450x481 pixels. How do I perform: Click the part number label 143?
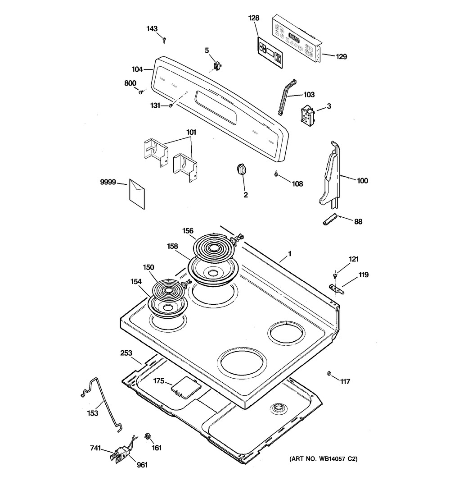click(152, 29)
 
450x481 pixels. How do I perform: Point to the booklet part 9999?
click(137, 194)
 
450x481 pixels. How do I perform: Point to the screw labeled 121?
click(335, 275)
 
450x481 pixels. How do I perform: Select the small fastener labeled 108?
click(275, 174)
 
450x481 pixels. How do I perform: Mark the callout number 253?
click(126, 354)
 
